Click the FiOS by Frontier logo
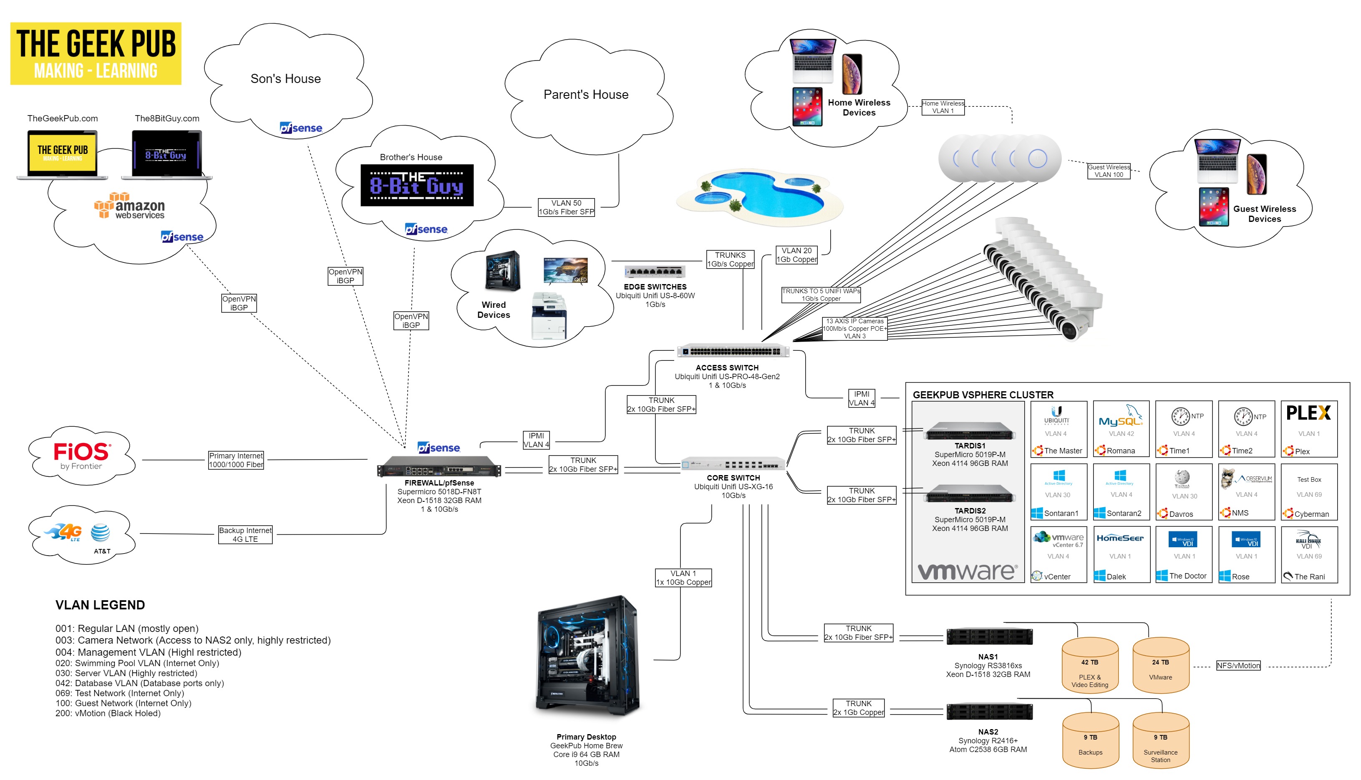point(82,455)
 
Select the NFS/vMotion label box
point(1238,665)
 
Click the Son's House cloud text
point(286,79)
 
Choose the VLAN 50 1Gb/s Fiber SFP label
point(566,207)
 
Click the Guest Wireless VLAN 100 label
point(1108,171)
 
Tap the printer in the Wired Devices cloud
point(549,316)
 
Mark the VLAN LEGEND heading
point(100,605)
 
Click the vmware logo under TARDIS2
point(967,571)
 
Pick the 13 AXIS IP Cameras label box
point(854,328)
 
